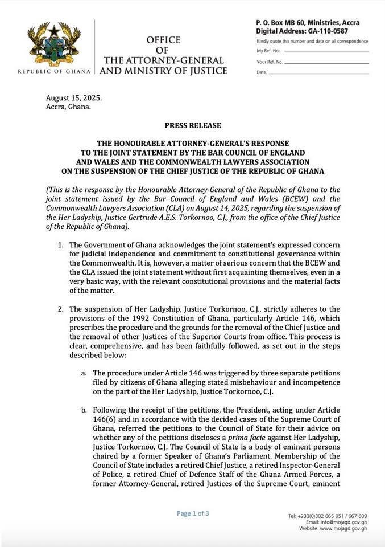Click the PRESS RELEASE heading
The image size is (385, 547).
193,125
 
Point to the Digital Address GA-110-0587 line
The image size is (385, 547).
302,31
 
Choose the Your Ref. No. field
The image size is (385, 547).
319,62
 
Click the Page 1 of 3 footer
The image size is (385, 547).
193,513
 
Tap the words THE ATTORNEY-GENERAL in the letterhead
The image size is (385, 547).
163,60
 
